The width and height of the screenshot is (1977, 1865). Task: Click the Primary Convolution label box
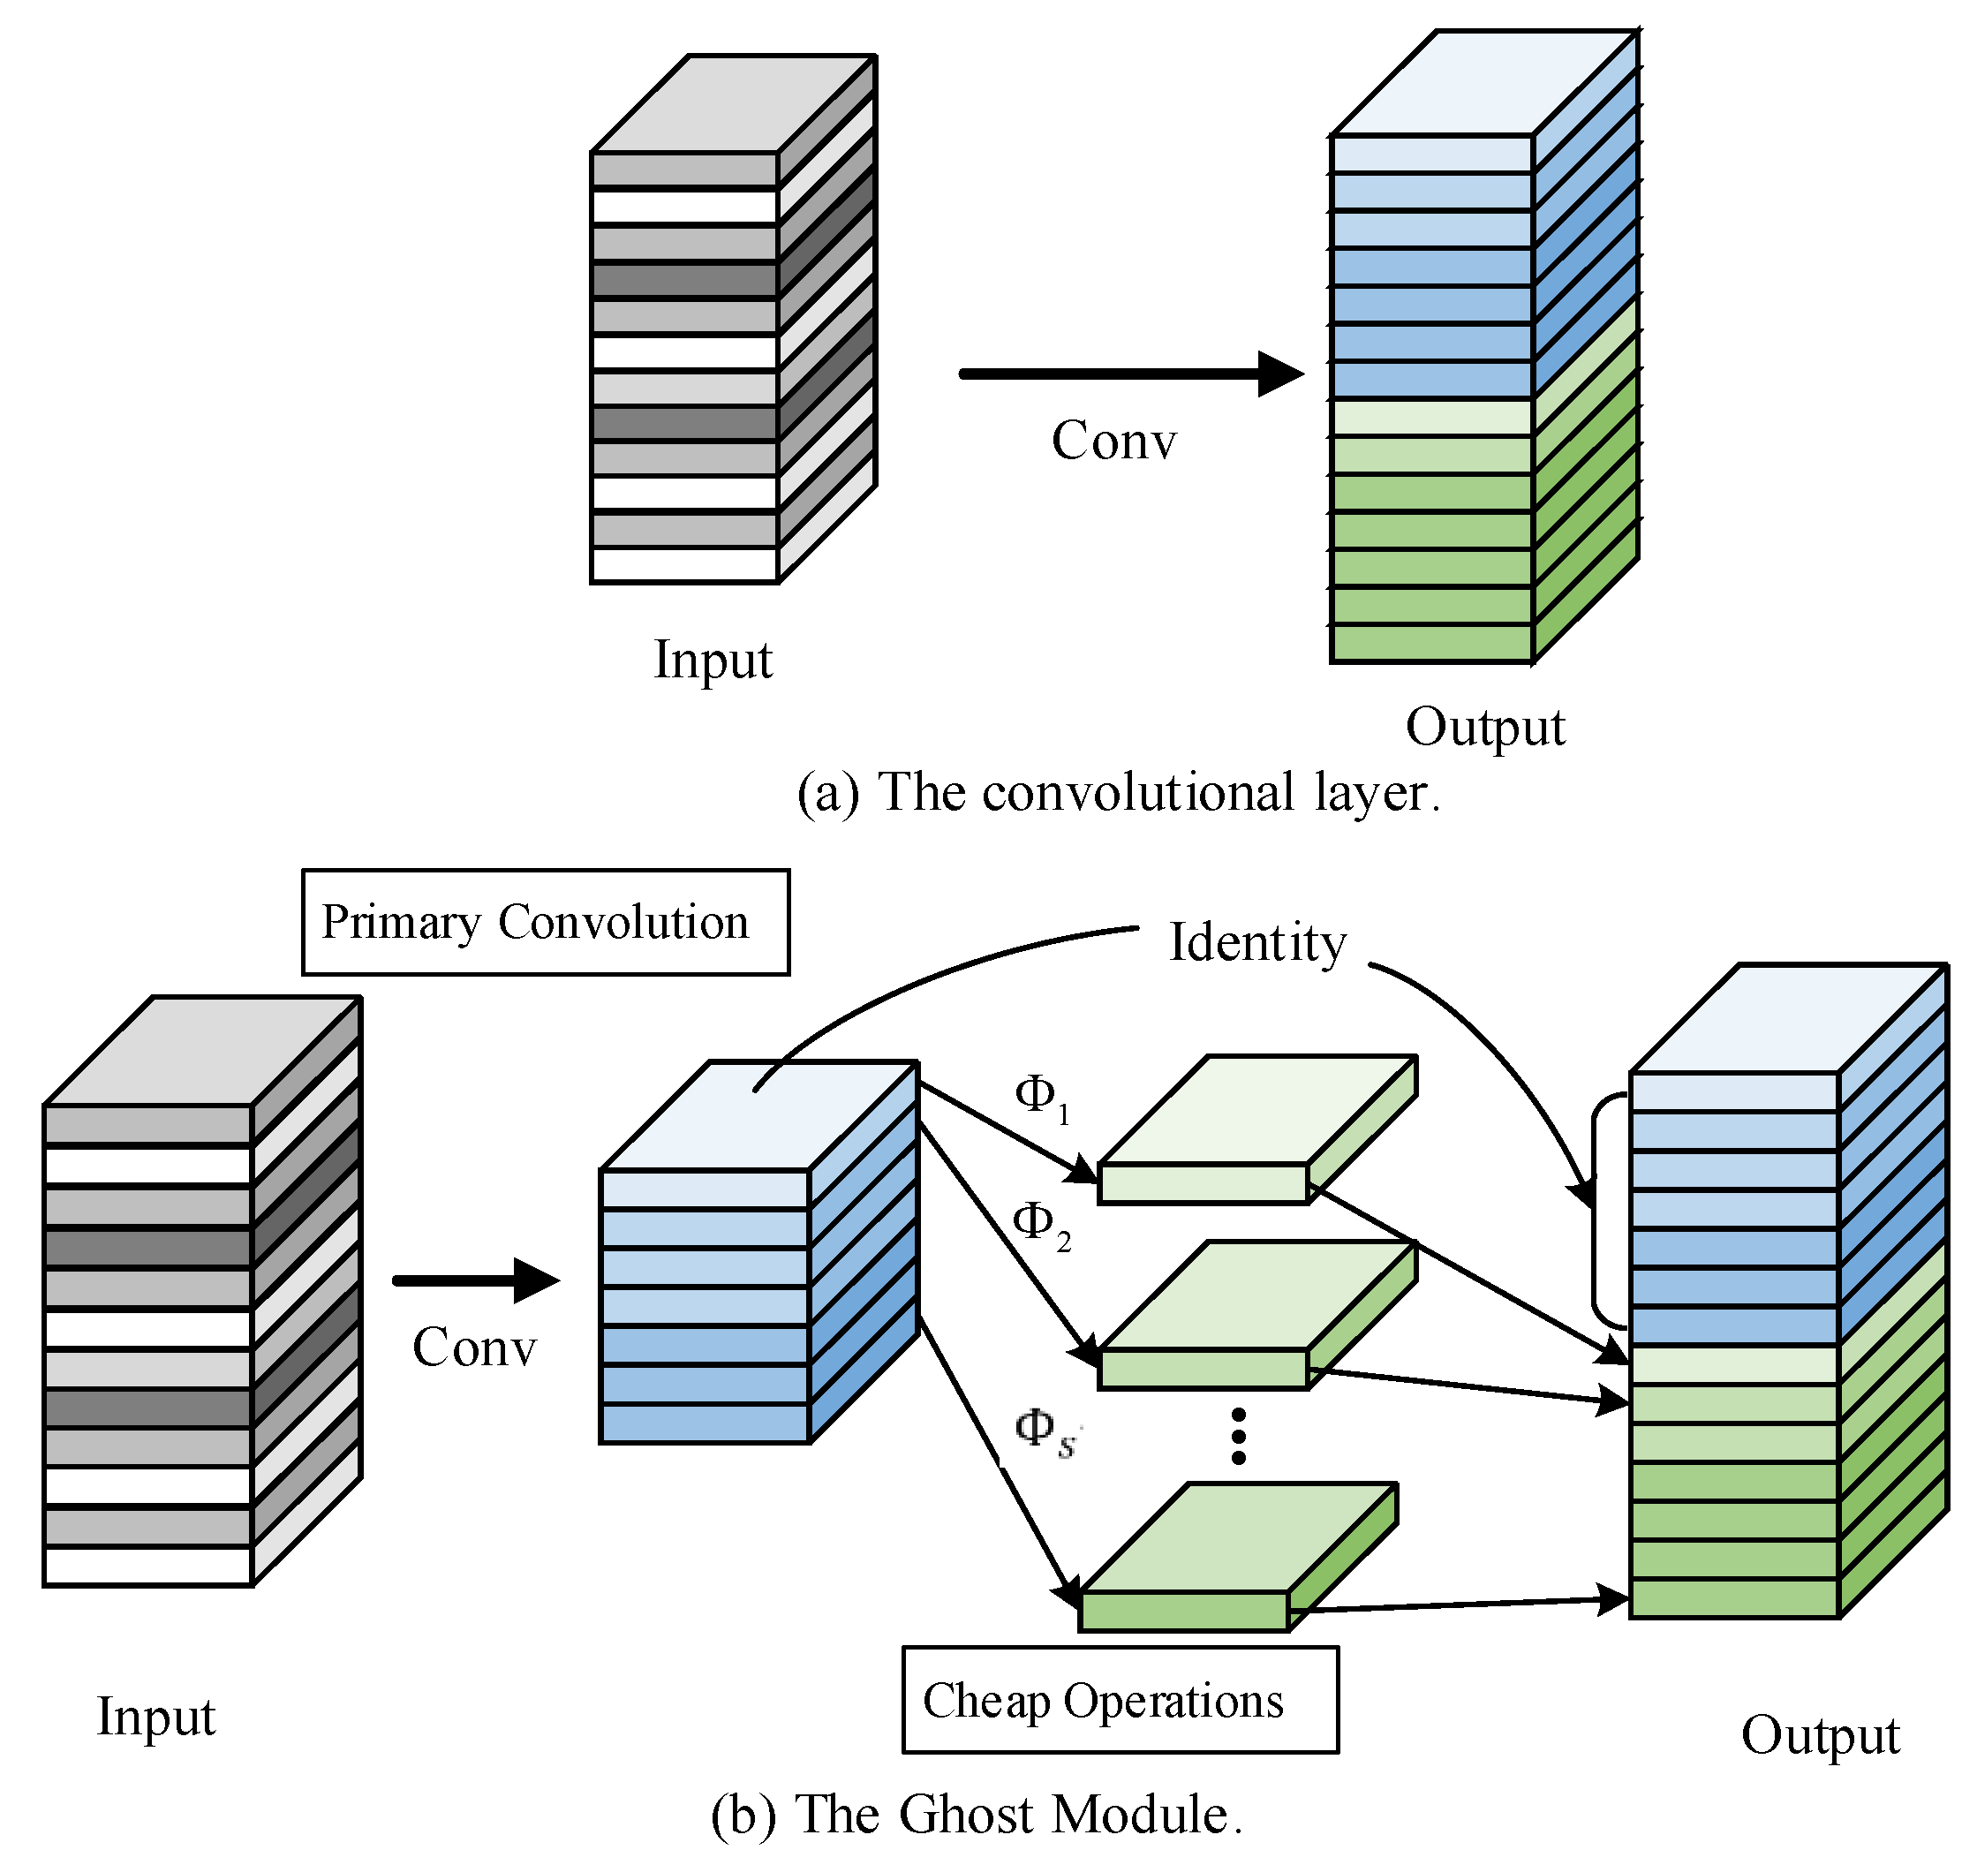click(x=545, y=922)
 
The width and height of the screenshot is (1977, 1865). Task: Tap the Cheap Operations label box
click(x=1120, y=1700)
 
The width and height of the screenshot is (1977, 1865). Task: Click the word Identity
click(x=1257, y=942)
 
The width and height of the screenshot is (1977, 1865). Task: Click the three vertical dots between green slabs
click(x=1238, y=1435)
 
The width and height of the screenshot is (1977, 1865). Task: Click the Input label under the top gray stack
click(x=713, y=659)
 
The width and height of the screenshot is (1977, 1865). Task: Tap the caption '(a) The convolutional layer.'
click(x=1118, y=793)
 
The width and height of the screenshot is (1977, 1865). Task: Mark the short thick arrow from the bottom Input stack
click(x=475, y=1280)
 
